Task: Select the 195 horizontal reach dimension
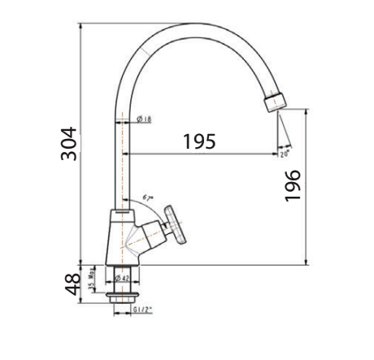pyautogui.click(x=198, y=141)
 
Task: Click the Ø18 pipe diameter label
pyautogui.click(x=142, y=119)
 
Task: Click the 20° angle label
pyautogui.click(x=284, y=152)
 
